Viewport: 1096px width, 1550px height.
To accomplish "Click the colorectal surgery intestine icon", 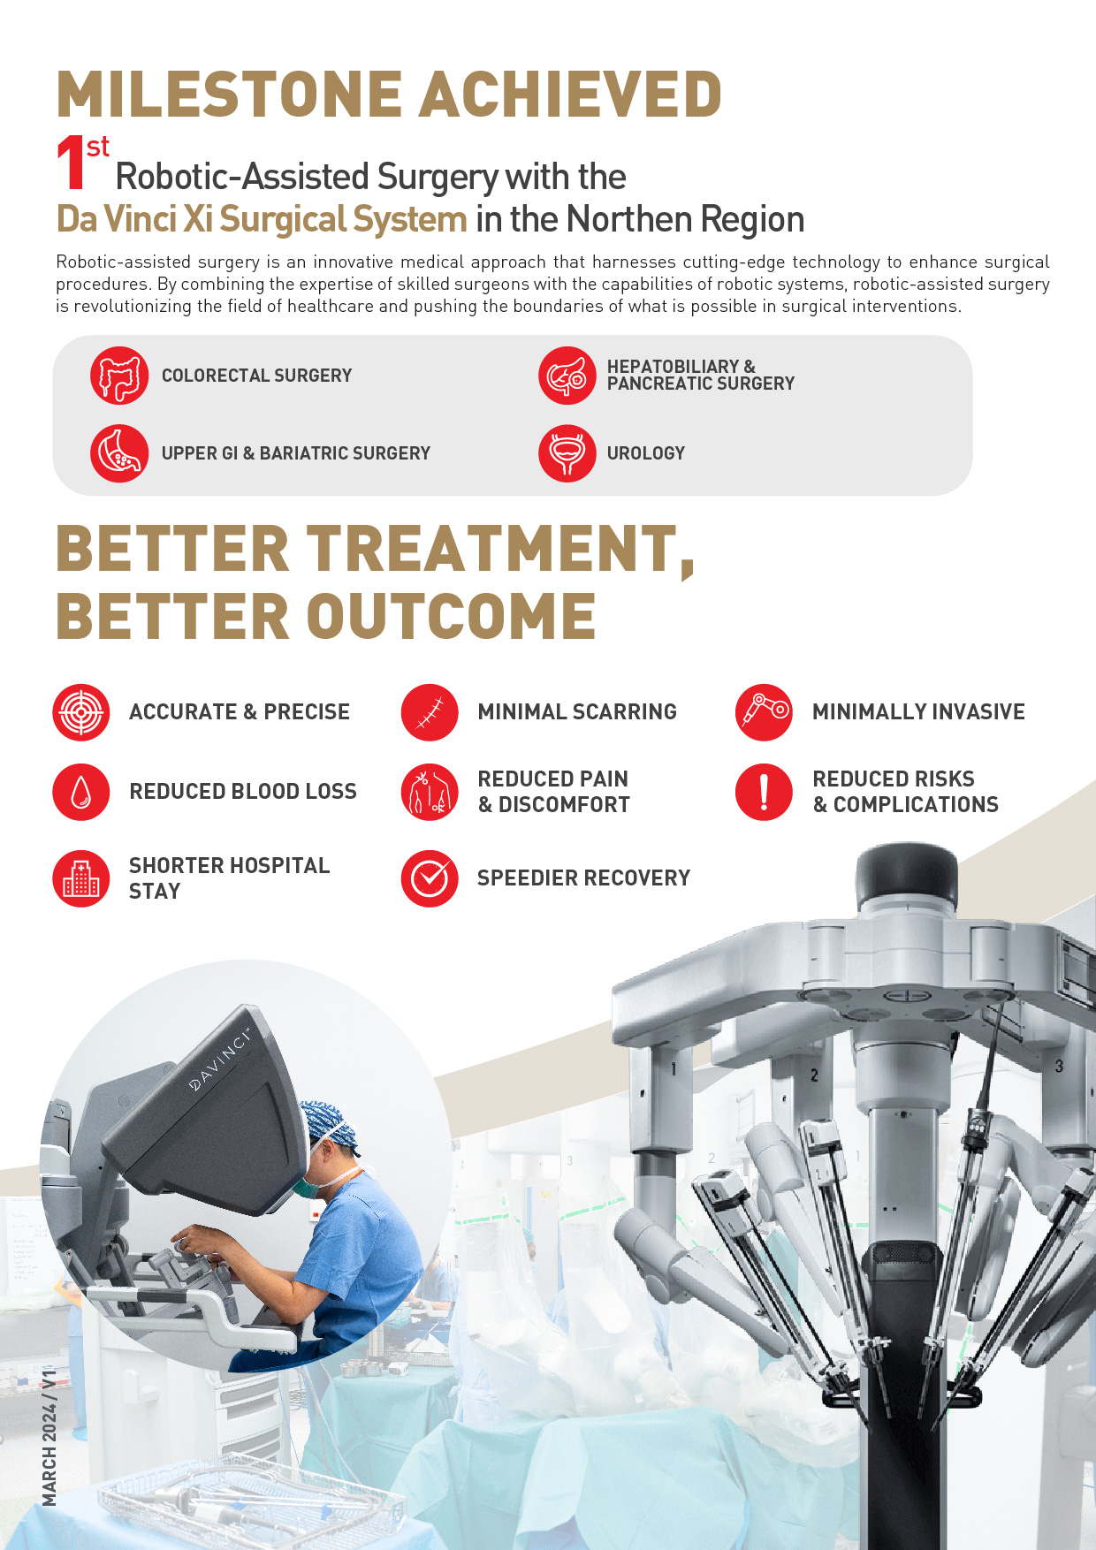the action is click(119, 376).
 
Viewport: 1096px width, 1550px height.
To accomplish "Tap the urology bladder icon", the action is click(567, 453).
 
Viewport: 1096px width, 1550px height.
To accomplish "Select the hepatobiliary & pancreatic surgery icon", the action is click(567, 376).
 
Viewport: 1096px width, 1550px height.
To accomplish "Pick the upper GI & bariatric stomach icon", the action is click(119, 453).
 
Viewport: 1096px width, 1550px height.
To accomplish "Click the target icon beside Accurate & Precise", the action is click(81, 712).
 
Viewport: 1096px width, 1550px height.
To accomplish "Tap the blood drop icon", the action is click(81, 792).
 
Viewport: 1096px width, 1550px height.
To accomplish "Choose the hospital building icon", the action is click(81, 878).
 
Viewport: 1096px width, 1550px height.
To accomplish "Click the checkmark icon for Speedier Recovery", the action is click(430, 878).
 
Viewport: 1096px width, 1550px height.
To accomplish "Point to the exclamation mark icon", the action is click(764, 792).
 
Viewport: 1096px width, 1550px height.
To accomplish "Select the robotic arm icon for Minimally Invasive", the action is click(764, 712).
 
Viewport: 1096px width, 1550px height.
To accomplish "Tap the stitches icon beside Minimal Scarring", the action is click(430, 712).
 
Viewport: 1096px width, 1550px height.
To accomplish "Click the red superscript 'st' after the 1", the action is click(98, 147).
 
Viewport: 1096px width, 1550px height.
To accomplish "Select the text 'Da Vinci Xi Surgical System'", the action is click(262, 219).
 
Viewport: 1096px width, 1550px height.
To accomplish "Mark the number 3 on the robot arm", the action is click(1059, 1067).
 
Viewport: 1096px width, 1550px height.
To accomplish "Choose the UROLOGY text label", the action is click(646, 453).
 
